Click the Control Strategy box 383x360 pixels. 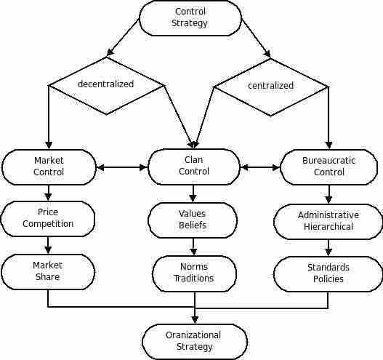190,18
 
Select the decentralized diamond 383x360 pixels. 106,86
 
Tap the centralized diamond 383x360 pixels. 270,87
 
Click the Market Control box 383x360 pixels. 49,167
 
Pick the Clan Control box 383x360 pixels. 194,167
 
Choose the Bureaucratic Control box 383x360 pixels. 328,167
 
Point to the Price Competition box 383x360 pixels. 48,219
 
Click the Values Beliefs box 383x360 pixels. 193,220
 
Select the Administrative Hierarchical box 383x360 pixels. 328,222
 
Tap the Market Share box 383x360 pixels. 48,272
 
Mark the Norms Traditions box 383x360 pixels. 194,273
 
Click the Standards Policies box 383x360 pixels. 328,274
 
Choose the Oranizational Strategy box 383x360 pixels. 195,342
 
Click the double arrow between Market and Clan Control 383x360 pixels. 122,167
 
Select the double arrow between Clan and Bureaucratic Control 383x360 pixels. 260,167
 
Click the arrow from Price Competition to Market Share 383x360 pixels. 48,245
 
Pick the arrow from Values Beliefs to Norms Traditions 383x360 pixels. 193,247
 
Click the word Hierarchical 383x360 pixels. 328,227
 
